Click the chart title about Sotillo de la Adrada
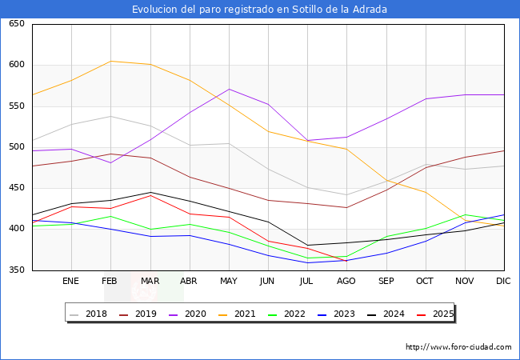tap(260, 10)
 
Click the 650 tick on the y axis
tap(16, 24)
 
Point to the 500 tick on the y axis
tap(16, 147)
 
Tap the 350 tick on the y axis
tap(16, 270)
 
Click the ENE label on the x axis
tap(71, 282)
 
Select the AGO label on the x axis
tap(346, 282)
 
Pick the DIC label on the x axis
tap(503, 282)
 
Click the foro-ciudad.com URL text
tap(458, 347)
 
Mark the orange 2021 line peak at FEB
tap(110, 62)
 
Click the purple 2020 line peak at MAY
tap(229, 89)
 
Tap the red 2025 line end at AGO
tap(346, 261)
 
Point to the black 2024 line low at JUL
tap(307, 246)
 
